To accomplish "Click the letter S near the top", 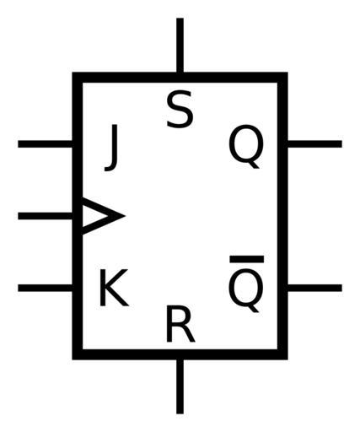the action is [180, 109].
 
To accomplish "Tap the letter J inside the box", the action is [111, 148].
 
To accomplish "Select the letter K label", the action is [114, 288].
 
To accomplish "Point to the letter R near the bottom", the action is [180, 324].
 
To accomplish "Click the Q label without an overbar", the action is [246, 147].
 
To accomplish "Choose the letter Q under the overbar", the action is [246, 290].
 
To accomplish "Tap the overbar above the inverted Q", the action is [247, 259].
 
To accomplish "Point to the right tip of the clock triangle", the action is [125, 216].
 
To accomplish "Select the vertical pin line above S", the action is [180, 46].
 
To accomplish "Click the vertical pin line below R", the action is [180, 386].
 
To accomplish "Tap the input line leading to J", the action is [46, 143].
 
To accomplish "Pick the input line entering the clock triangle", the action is [46, 216].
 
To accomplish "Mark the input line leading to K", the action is [46, 288].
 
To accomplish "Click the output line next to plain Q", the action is [314, 143].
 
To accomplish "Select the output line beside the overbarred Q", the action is [314, 288].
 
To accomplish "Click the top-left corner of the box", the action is [73, 73].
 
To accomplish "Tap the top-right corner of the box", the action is [287, 73].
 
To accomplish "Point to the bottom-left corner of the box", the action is [73, 359].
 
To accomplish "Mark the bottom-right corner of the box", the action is [287, 359].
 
